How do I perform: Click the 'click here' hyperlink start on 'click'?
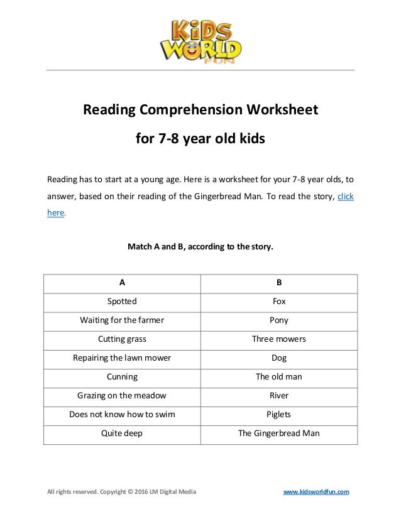[346, 196]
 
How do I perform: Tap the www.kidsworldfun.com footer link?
[316, 491]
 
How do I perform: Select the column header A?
[122, 282]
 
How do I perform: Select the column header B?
[278, 282]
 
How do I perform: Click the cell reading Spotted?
[122, 301]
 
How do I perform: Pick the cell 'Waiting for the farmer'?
[122, 320]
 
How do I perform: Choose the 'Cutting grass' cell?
[122, 339]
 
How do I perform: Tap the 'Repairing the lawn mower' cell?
[122, 358]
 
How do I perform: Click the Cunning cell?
[122, 376]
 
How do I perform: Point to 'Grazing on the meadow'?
[122, 395]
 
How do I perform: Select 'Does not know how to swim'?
[122, 414]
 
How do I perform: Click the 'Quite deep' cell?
[122, 433]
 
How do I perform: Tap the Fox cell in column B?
[278, 301]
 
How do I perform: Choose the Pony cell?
[278, 320]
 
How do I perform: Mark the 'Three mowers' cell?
[278, 339]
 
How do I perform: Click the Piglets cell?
[278, 414]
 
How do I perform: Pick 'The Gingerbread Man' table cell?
[278, 433]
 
